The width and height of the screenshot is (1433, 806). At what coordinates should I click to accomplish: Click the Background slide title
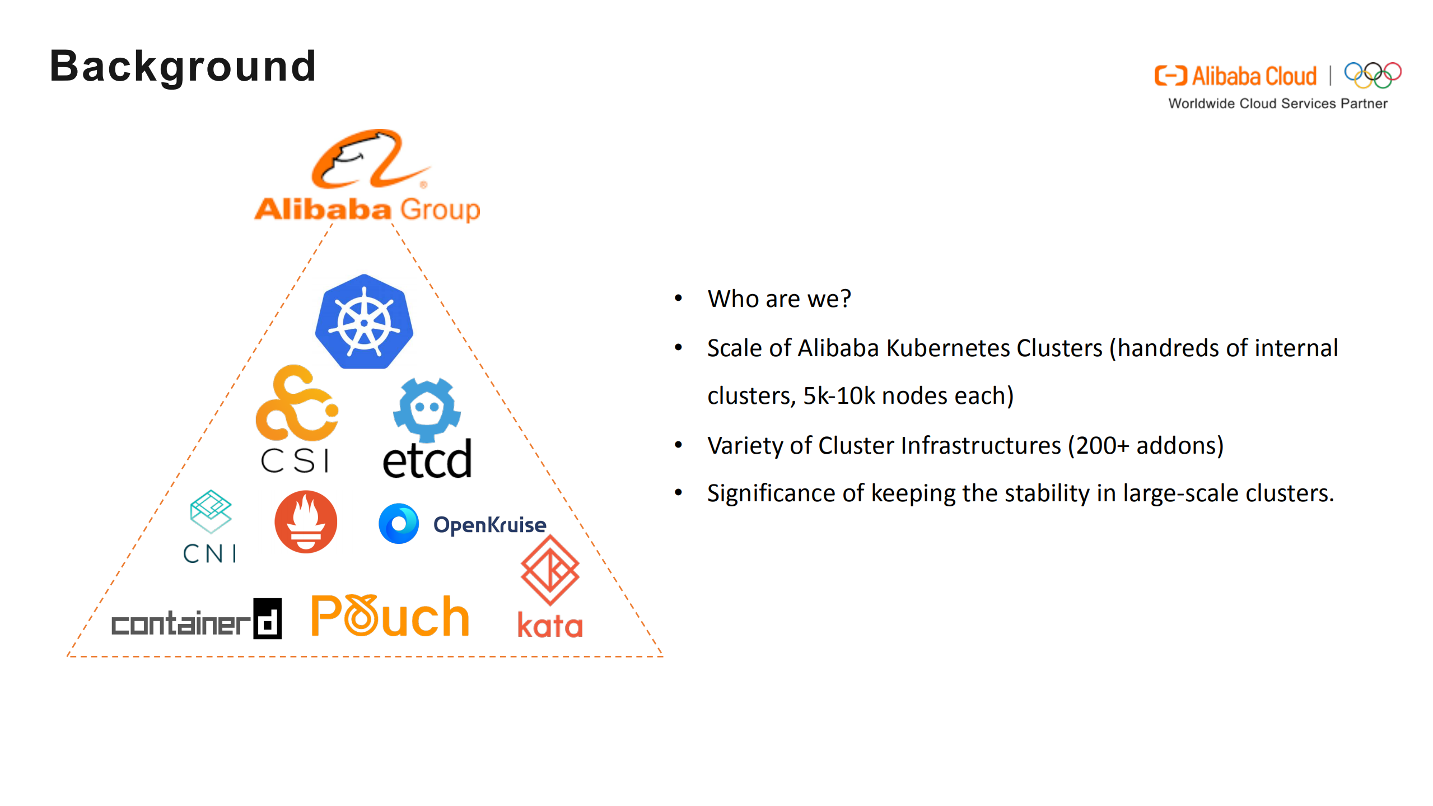pyautogui.click(x=183, y=66)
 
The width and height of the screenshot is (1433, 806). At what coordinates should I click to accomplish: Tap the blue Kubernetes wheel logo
pyautogui.click(x=364, y=322)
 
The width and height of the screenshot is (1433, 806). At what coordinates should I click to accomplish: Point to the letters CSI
pyautogui.click(x=295, y=461)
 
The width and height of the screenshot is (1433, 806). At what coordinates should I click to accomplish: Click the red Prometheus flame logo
pyautogui.click(x=306, y=522)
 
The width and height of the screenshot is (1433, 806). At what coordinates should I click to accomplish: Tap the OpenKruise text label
pyautogui.click(x=489, y=525)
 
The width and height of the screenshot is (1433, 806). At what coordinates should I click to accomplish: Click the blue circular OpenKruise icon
pyautogui.click(x=399, y=524)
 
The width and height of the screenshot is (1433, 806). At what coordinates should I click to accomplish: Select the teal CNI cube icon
pyautogui.click(x=211, y=511)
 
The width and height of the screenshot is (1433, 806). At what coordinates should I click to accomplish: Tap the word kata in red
pyautogui.click(x=549, y=625)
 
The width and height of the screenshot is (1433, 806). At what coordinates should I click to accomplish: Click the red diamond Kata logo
pyautogui.click(x=550, y=570)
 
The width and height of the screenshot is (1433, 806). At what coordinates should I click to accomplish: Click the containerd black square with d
pyautogui.click(x=267, y=619)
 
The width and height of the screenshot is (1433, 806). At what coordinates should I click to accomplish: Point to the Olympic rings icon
pyautogui.click(x=1372, y=75)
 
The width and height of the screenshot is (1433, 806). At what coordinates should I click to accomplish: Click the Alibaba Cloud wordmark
pyautogui.click(x=1253, y=76)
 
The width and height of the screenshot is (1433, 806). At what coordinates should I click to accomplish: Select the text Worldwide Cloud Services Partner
pyautogui.click(x=1277, y=104)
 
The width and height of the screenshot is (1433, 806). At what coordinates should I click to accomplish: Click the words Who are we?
pyautogui.click(x=779, y=299)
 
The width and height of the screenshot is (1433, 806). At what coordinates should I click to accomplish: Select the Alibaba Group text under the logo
pyautogui.click(x=367, y=209)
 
